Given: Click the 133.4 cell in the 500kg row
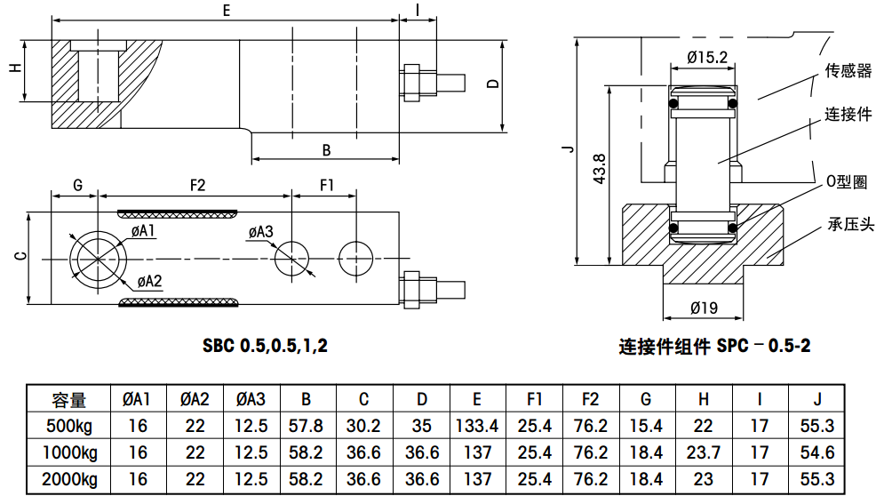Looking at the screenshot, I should [x=477, y=427].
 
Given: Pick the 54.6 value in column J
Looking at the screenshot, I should [x=817, y=453].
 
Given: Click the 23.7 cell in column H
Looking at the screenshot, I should [x=703, y=453].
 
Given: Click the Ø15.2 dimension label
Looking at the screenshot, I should [x=707, y=58].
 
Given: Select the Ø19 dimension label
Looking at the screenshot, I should [x=704, y=308].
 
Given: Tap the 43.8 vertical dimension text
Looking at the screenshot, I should [x=599, y=170].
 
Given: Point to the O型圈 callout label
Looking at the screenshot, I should [x=846, y=182].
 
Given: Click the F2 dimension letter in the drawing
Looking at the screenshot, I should [x=197, y=185].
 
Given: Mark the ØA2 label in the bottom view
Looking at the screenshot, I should [x=149, y=283].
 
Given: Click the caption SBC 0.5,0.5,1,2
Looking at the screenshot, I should [x=266, y=346].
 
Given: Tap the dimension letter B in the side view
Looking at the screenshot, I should [x=326, y=149].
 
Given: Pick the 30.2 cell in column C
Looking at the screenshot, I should [x=363, y=427].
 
